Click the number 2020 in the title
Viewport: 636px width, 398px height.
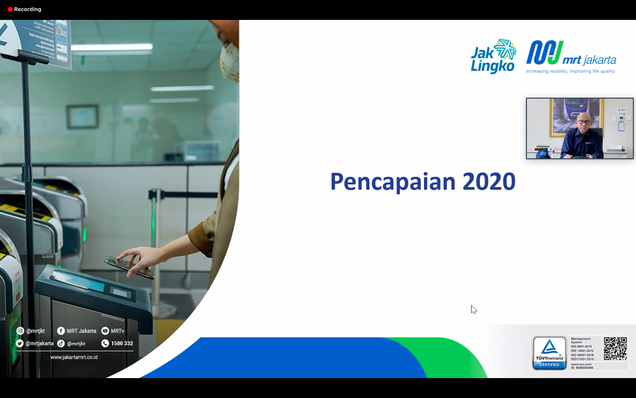489,182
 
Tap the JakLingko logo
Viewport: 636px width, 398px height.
493,56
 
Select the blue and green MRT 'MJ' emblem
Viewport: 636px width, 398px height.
544,53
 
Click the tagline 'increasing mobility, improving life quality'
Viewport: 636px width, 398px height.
570,71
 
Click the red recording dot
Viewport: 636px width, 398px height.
10,9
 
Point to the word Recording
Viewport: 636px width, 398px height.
27,9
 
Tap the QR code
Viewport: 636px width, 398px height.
615,348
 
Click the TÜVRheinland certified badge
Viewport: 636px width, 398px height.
549,353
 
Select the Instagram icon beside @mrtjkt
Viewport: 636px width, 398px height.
20,331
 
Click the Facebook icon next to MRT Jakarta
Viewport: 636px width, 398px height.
61,331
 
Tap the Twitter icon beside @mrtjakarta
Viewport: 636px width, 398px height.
20,343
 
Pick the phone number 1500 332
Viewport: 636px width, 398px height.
122,343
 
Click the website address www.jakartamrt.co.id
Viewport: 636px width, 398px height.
74,357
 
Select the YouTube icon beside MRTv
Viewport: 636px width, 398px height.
105,331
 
